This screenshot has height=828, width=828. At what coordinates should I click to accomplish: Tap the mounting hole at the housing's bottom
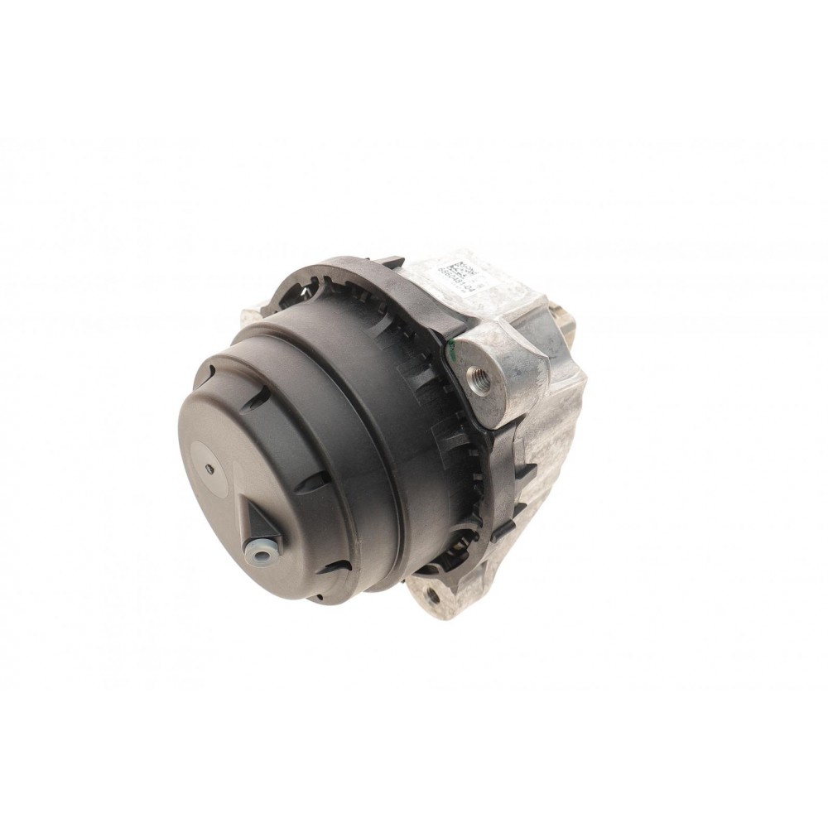click(432, 595)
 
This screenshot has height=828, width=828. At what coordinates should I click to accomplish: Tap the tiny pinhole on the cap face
click(211, 469)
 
